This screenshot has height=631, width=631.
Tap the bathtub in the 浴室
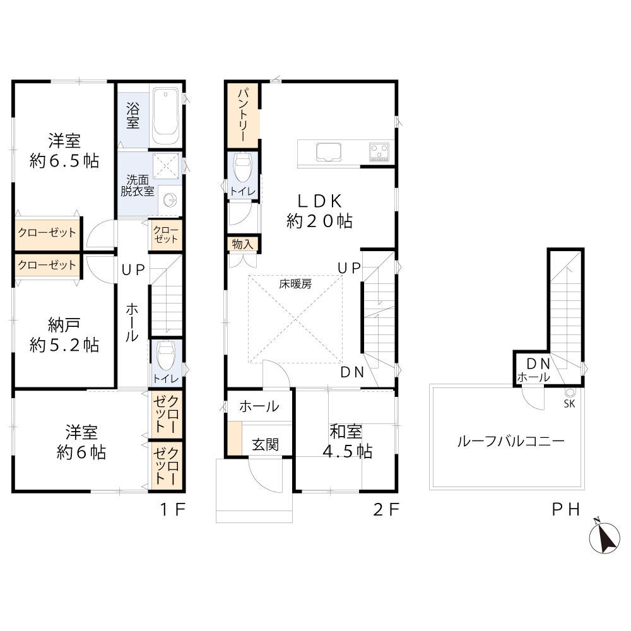click(166, 116)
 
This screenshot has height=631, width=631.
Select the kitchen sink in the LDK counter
click(329, 151)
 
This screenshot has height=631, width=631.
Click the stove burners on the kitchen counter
click(379, 152)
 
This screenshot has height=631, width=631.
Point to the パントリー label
click(244, 115)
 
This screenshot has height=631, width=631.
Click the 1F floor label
click(173, 510)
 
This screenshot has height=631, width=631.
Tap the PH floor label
click(566, 510)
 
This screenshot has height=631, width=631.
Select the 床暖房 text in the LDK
click(295, 284)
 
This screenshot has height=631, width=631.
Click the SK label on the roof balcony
click(569, 404)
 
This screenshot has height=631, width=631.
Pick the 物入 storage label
click(243, 244)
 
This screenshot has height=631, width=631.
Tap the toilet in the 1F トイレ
click(165, 355)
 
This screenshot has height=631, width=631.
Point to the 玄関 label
click(266, 445)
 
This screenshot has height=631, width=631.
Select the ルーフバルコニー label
click(511, 442)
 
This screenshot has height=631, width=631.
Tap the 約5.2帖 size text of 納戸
click(64, 345)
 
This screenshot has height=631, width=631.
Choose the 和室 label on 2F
click(346, 432)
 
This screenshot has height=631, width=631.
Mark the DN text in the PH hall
click(538, 364)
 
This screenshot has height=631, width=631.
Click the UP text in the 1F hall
click(133, 270)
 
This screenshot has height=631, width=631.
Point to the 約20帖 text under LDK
click(319, 221)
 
